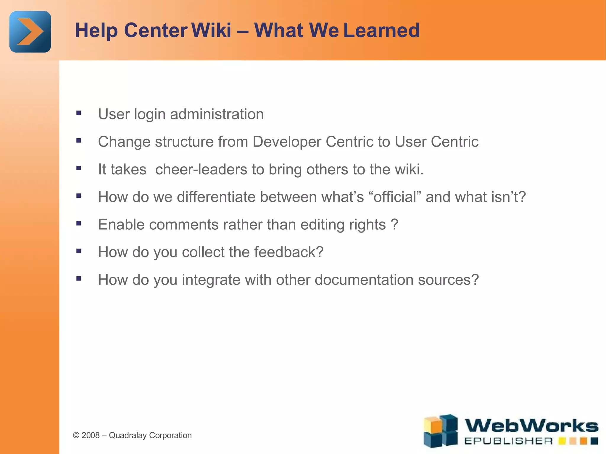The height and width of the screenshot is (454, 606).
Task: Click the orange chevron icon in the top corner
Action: point(30,32)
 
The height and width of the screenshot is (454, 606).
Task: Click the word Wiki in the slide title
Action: point(211,30)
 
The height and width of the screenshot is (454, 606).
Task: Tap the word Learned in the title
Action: point(381,30)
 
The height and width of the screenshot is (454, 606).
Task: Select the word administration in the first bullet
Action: point(217,114)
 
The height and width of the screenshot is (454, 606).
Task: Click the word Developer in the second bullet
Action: point(286,142)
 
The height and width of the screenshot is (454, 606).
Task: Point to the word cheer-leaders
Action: point(201,169)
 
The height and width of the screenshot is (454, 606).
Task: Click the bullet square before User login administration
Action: point(78,113)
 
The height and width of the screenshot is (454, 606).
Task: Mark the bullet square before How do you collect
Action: point(78,251)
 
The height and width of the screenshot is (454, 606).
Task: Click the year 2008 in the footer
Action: point(90,435)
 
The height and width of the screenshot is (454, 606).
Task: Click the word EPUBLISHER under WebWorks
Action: point(508,441)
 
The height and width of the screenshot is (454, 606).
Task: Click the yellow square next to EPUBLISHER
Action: point(562,441)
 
